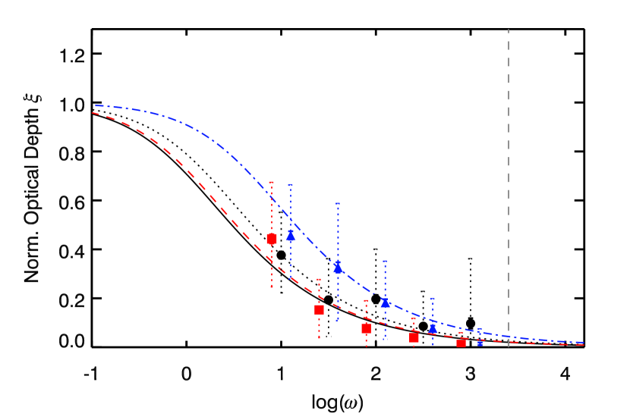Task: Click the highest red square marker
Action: [272, 239]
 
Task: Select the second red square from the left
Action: [319, 309]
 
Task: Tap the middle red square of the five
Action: [366, 328]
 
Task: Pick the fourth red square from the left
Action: [414, 337]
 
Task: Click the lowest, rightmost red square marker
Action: [461, 343]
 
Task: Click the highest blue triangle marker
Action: [291, 236]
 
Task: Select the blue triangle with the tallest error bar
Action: [338, 267]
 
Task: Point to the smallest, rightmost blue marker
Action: [480, 343]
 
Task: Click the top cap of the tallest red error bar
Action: [272, 183]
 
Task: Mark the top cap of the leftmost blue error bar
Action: [291, 185]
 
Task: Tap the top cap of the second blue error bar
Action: [338, 203]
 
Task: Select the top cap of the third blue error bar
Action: [385, 262]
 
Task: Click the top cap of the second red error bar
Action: [319, 280]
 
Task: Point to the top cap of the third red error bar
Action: [366, 301]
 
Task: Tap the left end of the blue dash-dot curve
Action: [96, 106]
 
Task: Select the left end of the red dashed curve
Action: [93, 113]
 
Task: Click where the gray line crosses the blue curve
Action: [509, 336]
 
